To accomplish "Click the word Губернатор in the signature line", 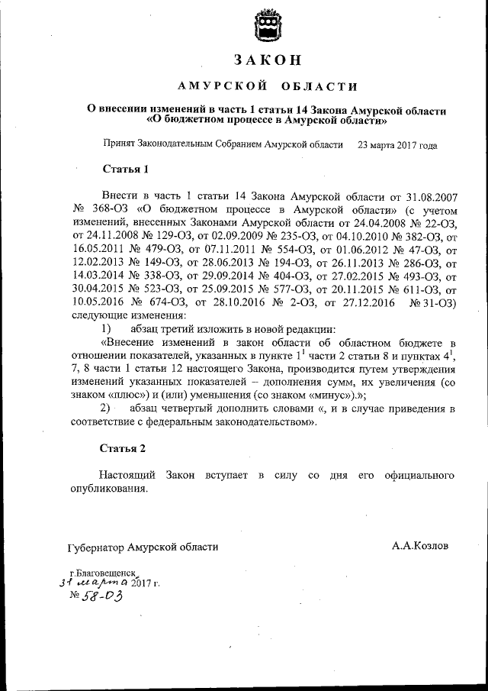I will pos(95,547).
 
